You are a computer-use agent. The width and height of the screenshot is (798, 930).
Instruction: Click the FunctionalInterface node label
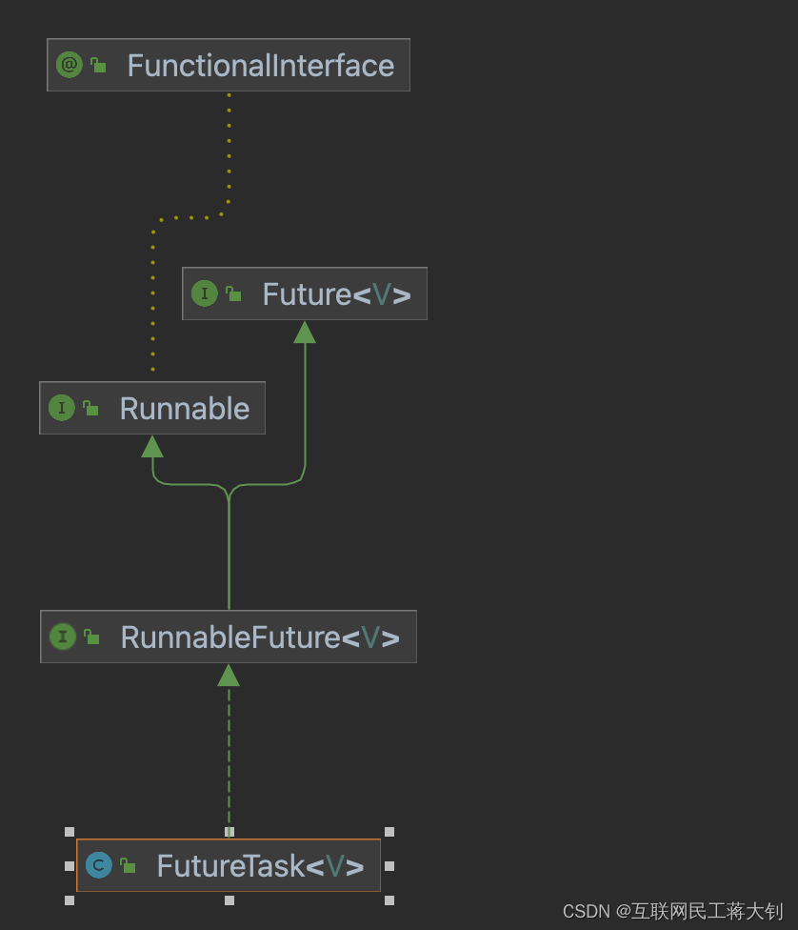[x=260, y=66]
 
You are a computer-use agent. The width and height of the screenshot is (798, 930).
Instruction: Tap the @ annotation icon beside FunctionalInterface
[x=69, y=65]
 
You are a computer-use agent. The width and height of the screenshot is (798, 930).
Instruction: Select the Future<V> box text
[x=336, y=294]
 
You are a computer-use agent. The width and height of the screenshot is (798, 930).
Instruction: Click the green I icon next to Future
[x=205, y=293]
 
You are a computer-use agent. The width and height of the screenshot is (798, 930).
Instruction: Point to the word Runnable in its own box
[x=184, y=409]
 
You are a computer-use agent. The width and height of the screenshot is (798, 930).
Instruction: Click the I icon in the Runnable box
[x=62, y=409]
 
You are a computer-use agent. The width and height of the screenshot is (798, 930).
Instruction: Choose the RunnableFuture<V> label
[x=259, y=637]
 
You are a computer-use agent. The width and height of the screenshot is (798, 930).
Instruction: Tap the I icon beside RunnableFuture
[x=63, y=637]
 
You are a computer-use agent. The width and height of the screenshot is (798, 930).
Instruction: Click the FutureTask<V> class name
[x=260, y=866]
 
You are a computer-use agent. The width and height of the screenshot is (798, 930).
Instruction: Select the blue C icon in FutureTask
[x=99, y=865]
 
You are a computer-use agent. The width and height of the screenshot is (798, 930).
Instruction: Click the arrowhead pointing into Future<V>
[x=305, y=332]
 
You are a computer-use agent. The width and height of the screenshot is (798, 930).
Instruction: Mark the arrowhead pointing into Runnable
[x=152, y=446]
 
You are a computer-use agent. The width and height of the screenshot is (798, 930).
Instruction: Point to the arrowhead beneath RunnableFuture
[x=229, y=675]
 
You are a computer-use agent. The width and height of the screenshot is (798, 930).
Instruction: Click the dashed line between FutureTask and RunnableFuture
[x=229, y=753]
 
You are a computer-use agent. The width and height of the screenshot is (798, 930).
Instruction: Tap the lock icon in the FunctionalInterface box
[x=98, y=65]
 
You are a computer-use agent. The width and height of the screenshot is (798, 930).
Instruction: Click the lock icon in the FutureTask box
[x=128, y=866]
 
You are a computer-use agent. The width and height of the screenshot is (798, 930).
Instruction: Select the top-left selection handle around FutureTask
[x=70, y=832]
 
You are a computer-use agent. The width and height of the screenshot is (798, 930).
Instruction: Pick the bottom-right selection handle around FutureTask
[x=389, y=900]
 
